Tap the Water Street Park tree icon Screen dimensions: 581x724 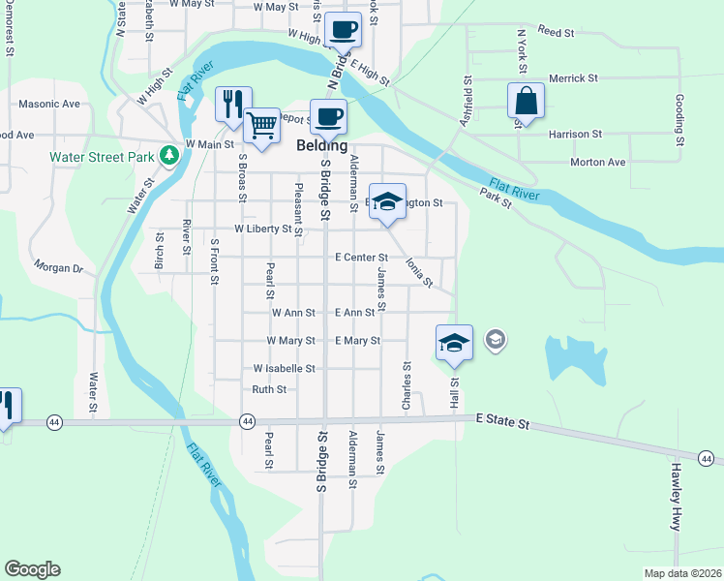[169, 154]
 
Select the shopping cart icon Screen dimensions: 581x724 [261, 123]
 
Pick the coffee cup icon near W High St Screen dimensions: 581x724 [342, 28]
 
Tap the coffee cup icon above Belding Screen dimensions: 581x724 [328, 116]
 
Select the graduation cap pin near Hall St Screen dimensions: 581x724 [454, 342]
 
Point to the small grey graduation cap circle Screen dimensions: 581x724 [496, 340]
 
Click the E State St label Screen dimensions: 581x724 [503, 423]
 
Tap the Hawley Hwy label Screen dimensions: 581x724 [675, 495]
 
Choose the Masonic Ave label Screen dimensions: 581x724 [47, 104]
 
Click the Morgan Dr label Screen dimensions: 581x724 [58, 265]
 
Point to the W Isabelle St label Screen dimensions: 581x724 [284, 369]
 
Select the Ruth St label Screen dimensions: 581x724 [269, 389]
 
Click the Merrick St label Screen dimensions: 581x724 [574, 77]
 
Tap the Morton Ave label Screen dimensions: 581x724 [598, 163]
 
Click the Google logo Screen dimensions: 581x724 [32, 569]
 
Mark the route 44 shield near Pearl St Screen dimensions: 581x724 [247, 421]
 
